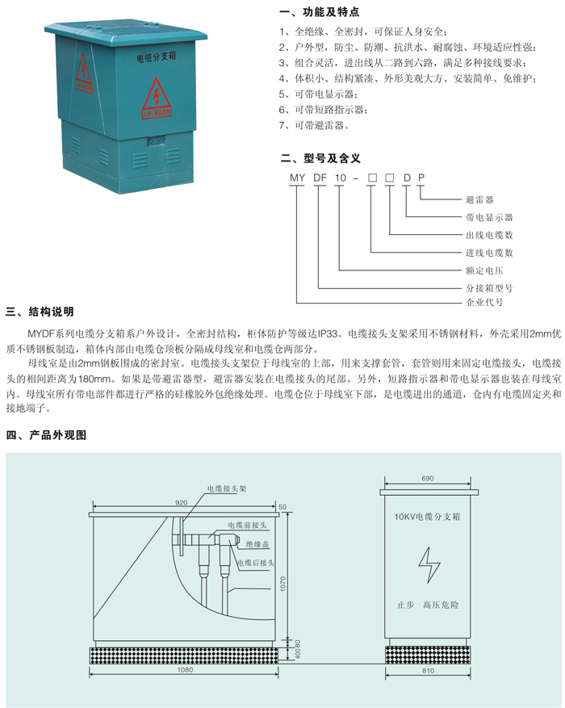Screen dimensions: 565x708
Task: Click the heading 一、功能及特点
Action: tap(320, 12)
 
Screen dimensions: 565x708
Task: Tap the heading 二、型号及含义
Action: tap(320, 158)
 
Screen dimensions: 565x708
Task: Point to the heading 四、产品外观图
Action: tap(46, 435)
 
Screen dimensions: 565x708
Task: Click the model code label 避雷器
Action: tap(479, 199)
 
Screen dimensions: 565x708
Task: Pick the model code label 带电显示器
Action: tap(489, 217)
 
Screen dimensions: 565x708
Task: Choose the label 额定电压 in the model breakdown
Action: tap(484, 270)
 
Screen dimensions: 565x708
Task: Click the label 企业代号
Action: tap(484, 302)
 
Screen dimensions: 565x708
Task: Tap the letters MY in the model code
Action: tap(297, 178)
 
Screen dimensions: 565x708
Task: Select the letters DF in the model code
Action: tap(320, 178)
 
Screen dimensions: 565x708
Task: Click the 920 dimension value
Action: tap(181, 503)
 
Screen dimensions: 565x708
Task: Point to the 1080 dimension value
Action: tap(185, 669)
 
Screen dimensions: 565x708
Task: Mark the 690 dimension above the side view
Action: tap(427, 478)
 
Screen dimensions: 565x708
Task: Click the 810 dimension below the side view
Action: tap(428, 671)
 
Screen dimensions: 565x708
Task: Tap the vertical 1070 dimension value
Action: tap(283, 584)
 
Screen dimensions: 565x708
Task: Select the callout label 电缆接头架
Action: tap(227, 488)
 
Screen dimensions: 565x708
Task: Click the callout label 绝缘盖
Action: tap(257, 544)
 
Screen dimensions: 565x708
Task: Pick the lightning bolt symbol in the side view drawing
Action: tap(429, 565)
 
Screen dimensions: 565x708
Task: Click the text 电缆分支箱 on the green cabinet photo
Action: tap(156, 57)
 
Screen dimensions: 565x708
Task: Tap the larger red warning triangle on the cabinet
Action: tap(157, 98)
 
